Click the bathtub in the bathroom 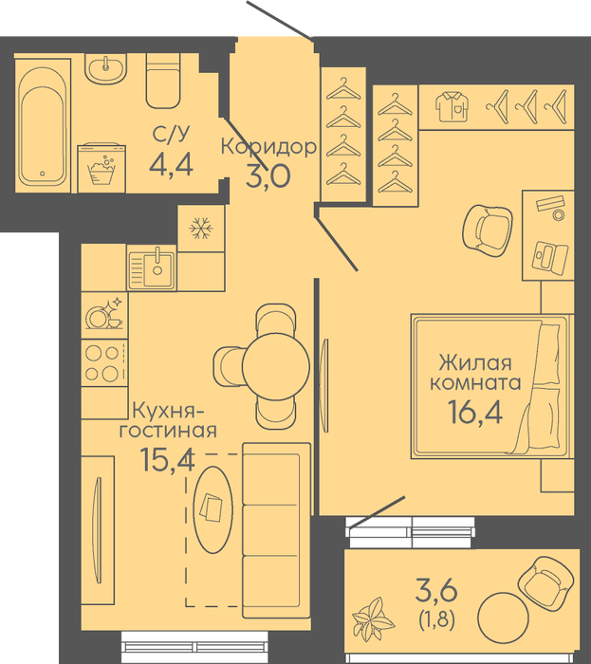[43, 126]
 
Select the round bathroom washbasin [105, 67]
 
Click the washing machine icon [102, 168]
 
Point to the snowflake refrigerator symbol [201, 229]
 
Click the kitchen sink [152, 268]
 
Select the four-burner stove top [104, 362]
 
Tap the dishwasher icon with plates [104, 315]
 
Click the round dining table [276, 364]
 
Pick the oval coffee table [212, 509]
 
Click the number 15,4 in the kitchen [167, 459]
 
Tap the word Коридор [268, 147]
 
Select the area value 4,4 [171, 164]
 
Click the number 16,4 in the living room [475, 412]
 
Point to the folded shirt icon [452, 107]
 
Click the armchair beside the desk [488, 231]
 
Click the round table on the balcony [503, 618]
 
